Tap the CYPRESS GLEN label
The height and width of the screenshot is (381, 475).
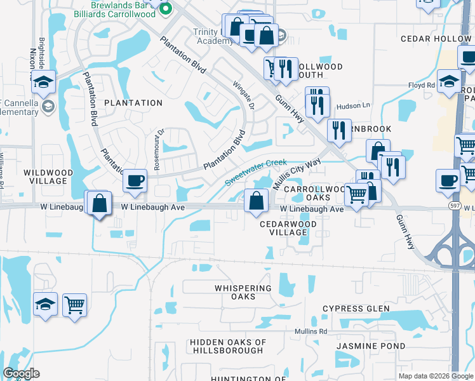[356, 309]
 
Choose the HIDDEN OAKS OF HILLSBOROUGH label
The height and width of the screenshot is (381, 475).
[227, 346]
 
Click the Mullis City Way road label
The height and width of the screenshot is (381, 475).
[296, 175]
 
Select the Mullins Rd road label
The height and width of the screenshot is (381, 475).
[310, 331]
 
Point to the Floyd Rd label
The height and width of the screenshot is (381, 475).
[421, 84]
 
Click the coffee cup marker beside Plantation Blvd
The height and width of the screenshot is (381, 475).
[135, 181]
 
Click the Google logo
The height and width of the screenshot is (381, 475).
[21, 373]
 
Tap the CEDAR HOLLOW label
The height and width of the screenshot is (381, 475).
[435, 39]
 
